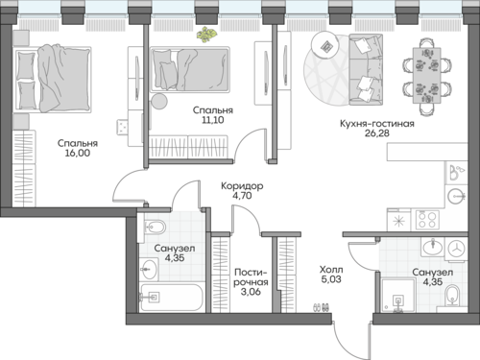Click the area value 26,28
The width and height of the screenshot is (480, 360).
click(x=377, y=133)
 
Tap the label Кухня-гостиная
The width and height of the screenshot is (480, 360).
click(x=377, y=124)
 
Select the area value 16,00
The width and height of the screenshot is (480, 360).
click(x=78, y=153)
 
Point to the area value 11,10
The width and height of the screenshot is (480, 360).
click(x=213, y=120)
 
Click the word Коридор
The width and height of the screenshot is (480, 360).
click(x=242, y=186)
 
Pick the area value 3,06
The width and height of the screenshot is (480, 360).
click(x=251, y=292)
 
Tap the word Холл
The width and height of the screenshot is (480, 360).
click(x=331, y=270)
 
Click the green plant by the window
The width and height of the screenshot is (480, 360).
click(x=206, y=35)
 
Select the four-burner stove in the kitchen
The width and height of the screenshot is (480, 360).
click(x=427, y=220)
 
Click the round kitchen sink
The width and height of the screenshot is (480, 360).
click(x=456, y=196)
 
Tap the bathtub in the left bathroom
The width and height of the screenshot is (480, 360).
click(x=172, y=298)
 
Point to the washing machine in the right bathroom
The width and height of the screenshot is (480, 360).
click(x=456, y=249)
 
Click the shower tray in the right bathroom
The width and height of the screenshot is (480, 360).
click(x=398, y=295)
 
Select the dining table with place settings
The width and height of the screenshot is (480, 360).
click(x=427, y=76)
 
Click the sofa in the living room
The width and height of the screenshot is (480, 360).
click(x=366, y=70)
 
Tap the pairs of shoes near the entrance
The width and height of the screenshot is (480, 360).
click(x=321, y=307)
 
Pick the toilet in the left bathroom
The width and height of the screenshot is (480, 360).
click(x=155, y=227)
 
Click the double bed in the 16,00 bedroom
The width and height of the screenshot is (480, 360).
click(x=52, y=79)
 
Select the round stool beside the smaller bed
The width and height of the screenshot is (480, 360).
click(x=159, y=102)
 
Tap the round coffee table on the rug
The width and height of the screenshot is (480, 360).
click(x=325, y=44)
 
